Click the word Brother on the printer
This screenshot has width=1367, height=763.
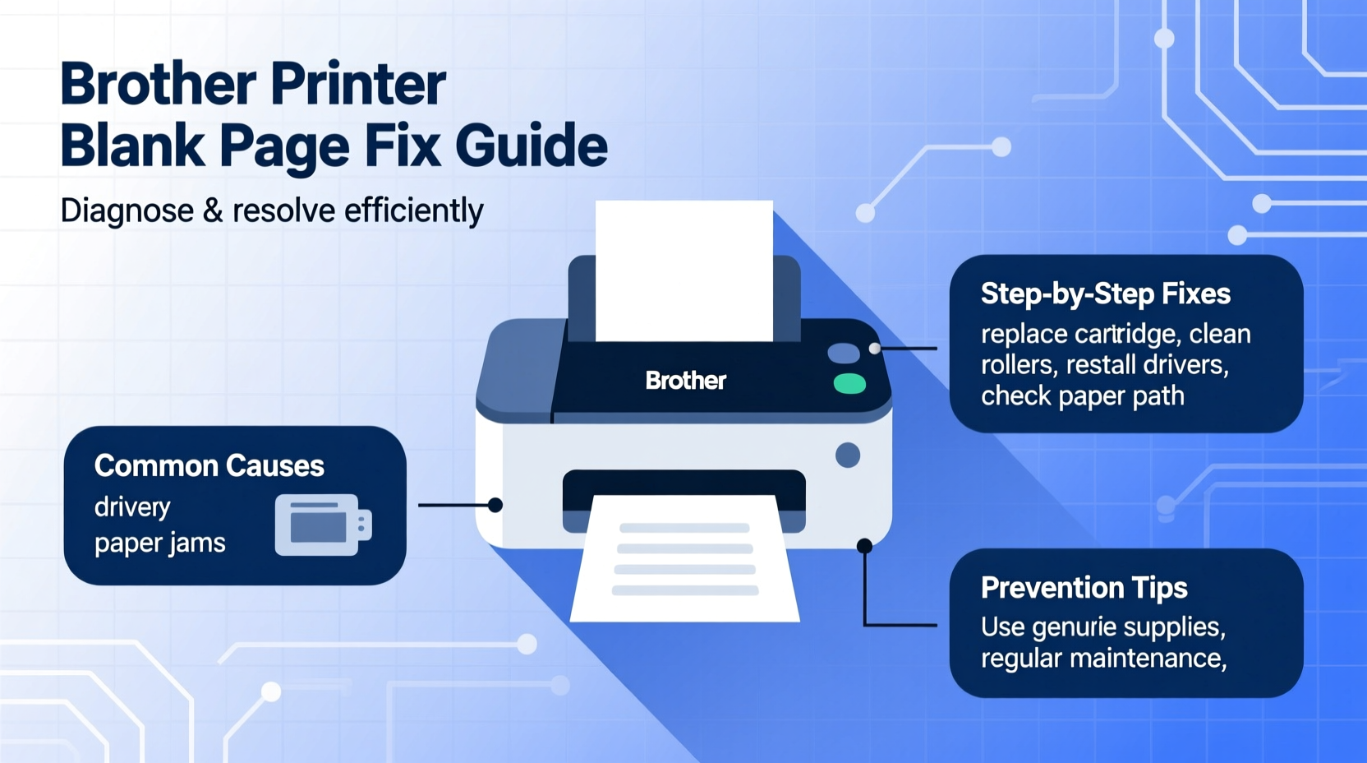[x=685, y=381]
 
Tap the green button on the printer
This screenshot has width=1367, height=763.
[x=849, y=384]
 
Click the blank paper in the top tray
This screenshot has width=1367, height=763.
[x=683, y=271]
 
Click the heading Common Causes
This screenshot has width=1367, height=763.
[x=209, y=466]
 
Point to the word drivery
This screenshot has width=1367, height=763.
[x=132, y=507]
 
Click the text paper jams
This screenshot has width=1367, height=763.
[x=159, y=543]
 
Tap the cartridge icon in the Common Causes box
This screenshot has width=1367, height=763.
[x=323, y=525]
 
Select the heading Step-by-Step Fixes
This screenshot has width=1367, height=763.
[x=1105, y=294]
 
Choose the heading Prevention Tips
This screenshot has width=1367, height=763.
[x=1084, y=588]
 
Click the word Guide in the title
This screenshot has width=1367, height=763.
[x=531, y=146]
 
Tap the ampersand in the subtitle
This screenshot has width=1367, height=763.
[x=213, y=211]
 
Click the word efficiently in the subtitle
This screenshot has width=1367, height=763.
[x=413, y=211]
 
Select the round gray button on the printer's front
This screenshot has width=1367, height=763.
[x=848, y=455]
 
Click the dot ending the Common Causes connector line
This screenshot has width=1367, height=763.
[x=495, y=505]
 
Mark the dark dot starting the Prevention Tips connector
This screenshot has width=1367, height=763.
[x=864, y=546]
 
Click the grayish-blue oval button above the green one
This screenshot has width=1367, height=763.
[x=843, y=354]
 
